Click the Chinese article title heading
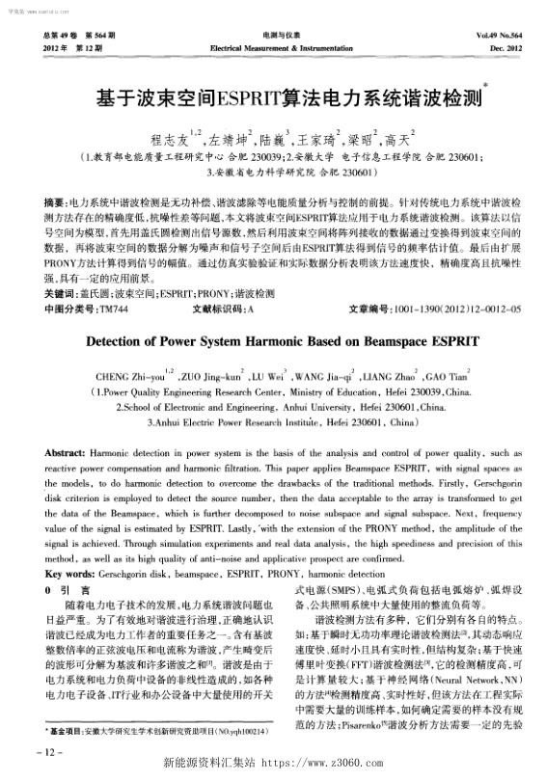272,98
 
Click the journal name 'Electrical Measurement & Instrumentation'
273,47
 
